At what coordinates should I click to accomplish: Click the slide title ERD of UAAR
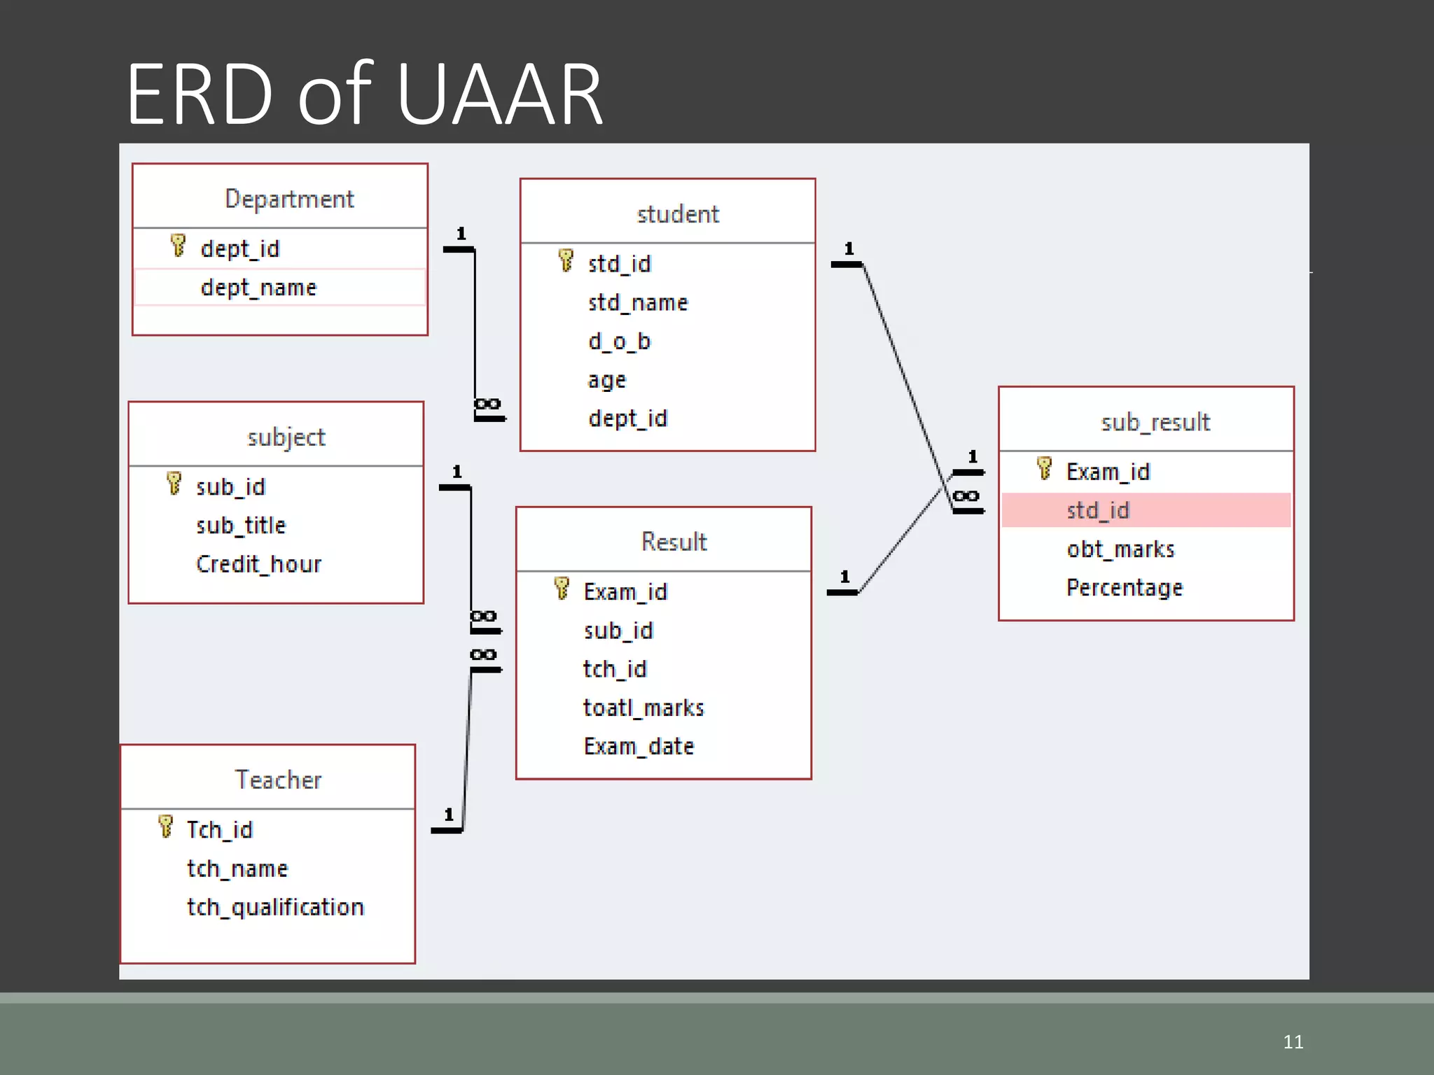(364, 94)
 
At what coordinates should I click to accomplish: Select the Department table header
(289, 199)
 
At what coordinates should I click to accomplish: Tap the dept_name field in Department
(258, 288)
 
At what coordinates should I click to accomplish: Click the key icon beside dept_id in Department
(179, 246)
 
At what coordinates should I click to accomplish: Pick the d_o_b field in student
(619, 342)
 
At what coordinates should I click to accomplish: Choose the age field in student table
(606, 380)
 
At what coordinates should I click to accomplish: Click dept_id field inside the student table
(627, 419)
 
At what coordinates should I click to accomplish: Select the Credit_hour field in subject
(258, 564)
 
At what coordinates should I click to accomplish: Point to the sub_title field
(241, 526)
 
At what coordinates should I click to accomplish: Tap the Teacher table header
(278, 780)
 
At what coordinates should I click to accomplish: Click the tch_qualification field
(275, 907)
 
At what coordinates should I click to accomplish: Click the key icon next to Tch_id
(166, 827)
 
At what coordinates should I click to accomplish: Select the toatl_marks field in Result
(643, 708)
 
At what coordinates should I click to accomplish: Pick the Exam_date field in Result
(639, 746)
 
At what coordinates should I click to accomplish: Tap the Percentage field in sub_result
(1125, 587)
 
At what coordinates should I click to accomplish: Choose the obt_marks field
(1120, 549)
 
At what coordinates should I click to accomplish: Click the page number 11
(1293, 1041)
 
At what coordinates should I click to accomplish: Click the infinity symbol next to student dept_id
(487, 404)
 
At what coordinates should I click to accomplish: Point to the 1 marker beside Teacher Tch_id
(449, 815)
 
